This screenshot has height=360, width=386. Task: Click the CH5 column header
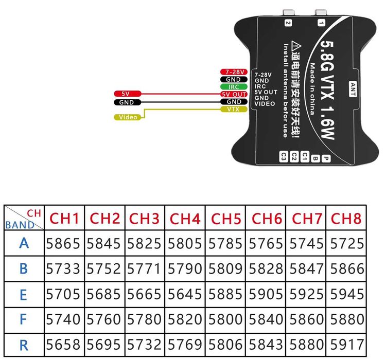(225, 219)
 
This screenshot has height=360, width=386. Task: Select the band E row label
(24, 294)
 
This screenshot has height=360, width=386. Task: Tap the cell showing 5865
(64, 243)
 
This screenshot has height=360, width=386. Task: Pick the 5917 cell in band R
(346, 344)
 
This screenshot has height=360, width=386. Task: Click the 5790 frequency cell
(186, 268)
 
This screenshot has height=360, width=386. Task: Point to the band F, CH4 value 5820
(186, 319)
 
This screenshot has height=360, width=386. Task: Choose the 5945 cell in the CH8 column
(346, 294)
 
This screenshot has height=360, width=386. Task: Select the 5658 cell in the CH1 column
(64, 344)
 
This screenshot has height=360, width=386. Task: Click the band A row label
(24, 243)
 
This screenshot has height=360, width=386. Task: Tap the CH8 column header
(346, 219)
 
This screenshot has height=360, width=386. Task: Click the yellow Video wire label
(128, 117)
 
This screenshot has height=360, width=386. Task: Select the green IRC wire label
(234, 87)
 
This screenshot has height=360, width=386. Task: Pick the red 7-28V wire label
(234, 72)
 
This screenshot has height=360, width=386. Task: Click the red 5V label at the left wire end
(126, 94)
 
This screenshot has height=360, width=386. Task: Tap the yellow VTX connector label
(234, 110)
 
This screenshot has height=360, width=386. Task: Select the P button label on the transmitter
(326, 159)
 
